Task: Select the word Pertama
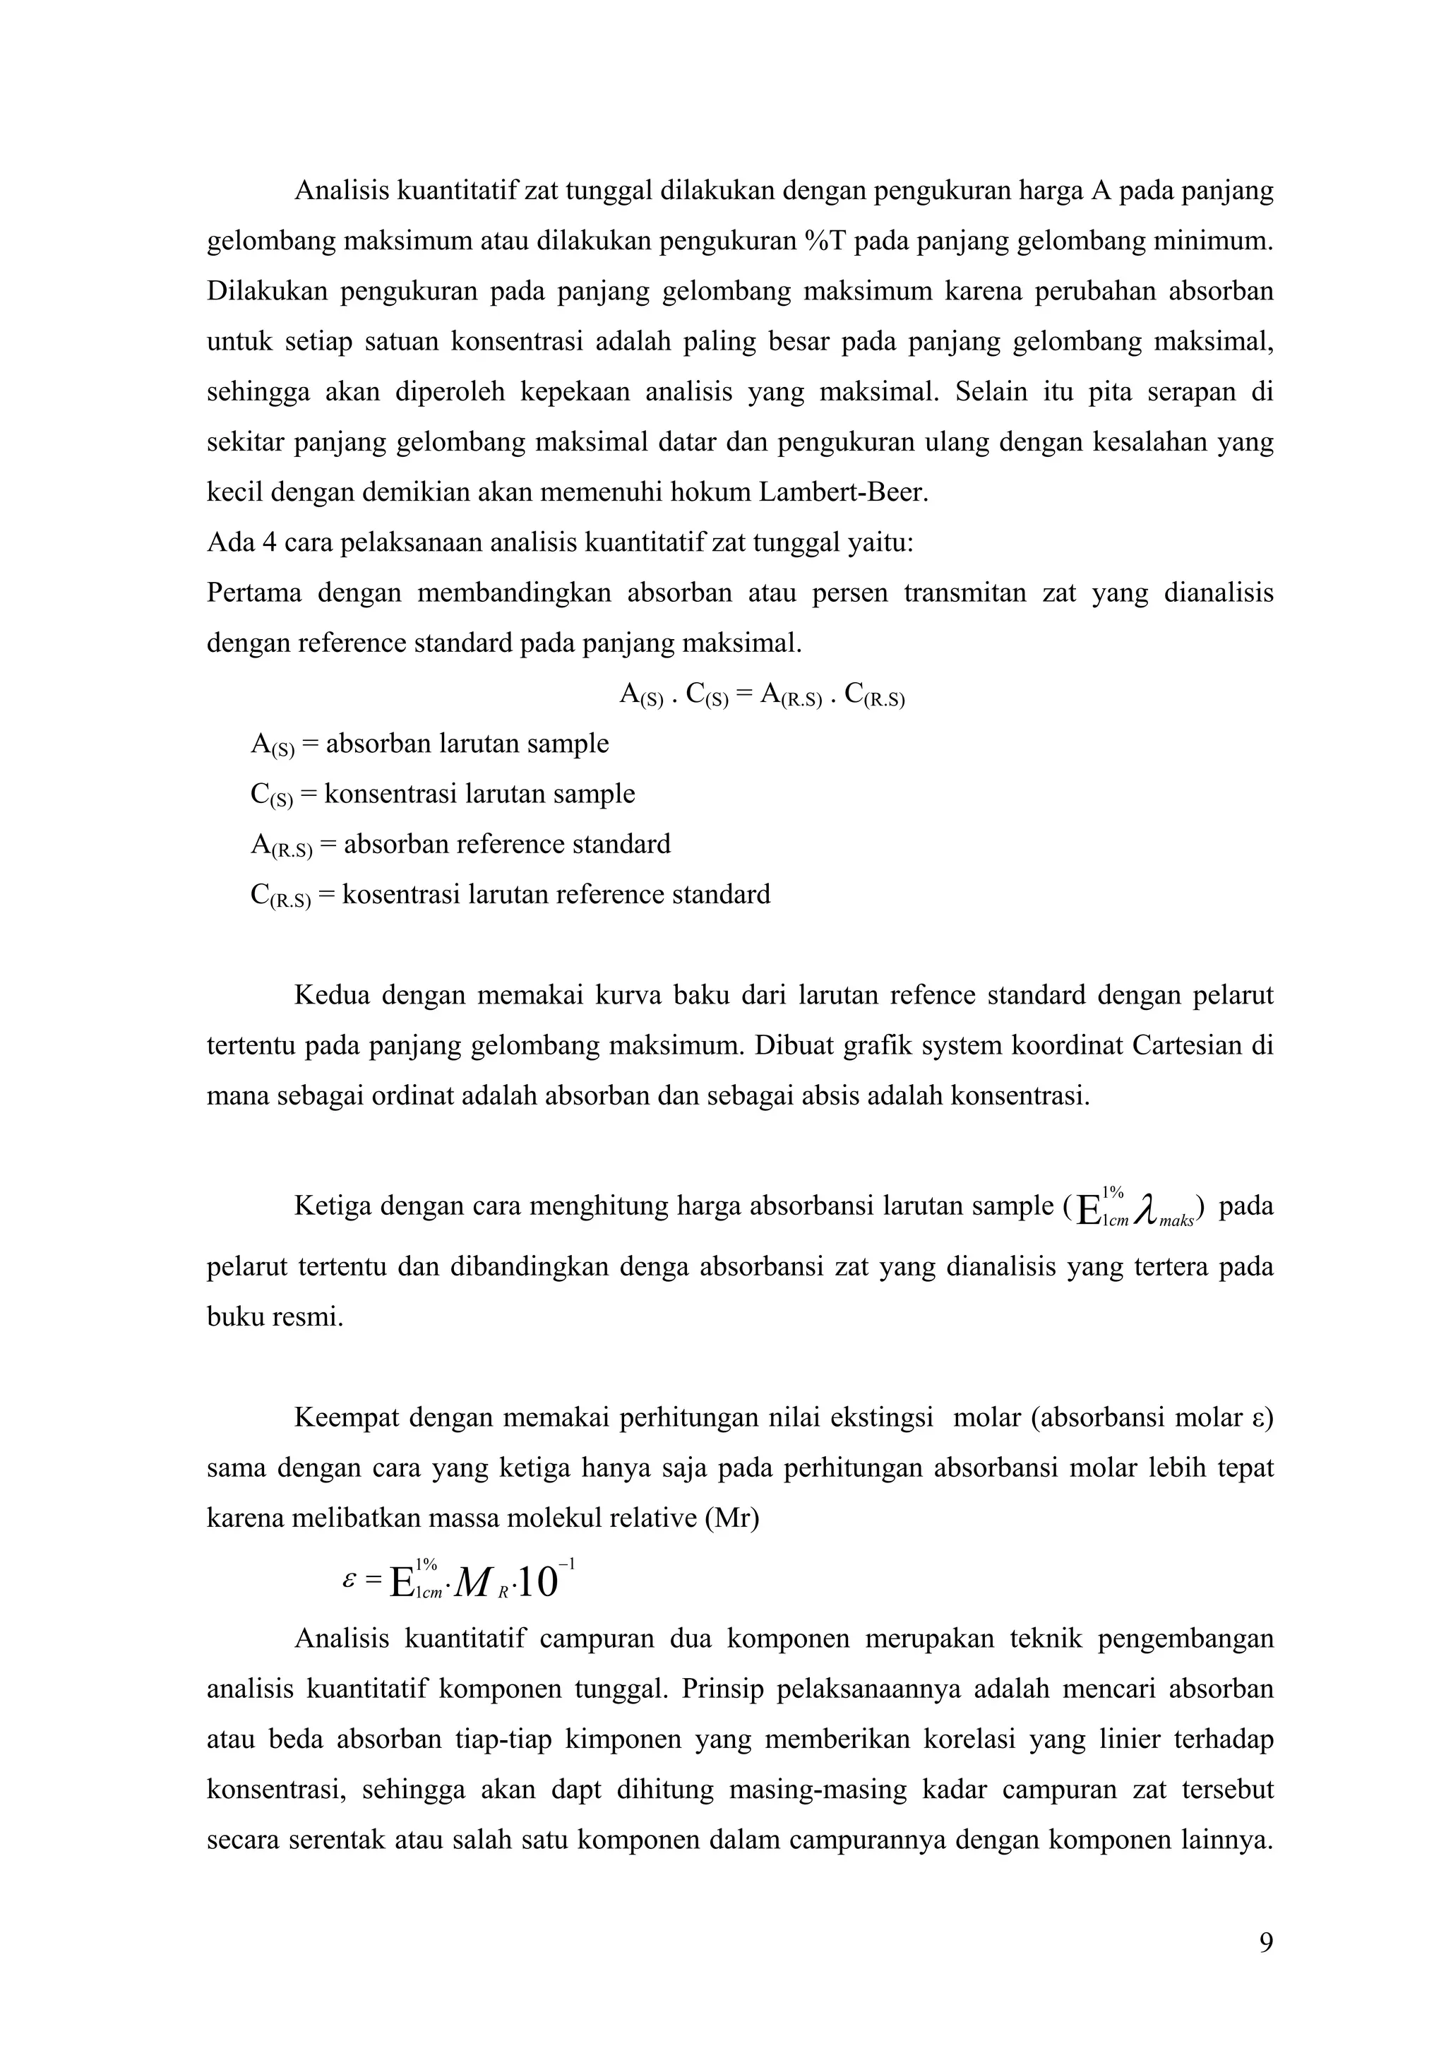pyautogui.click(x=254, y=593)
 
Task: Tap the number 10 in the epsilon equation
pyautogui.click(x=537, y=1583)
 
